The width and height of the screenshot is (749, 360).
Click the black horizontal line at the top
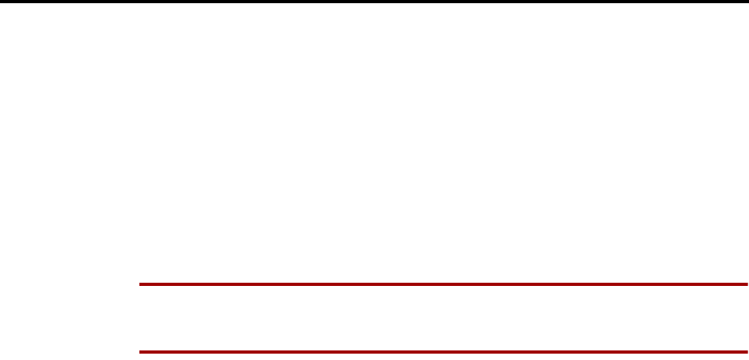tap(374, 2)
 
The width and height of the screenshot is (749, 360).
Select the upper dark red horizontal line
tap(443, 284)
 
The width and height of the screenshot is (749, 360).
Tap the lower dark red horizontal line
tap(443, 351)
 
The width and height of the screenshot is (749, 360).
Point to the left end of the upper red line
tap(140, 284)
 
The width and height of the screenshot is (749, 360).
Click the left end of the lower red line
tap(140, 351)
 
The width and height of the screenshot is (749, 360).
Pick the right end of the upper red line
tap(747, 284)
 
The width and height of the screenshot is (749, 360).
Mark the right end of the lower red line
tap(747, 351)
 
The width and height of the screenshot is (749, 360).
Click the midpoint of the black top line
tap(374, 2)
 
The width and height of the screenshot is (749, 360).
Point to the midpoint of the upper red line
tap(443, 284)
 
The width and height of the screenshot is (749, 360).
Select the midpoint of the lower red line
tap(443, 351)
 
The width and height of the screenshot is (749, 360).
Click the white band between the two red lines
tap(443, 317)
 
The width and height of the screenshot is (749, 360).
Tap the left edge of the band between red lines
tap(142, 317)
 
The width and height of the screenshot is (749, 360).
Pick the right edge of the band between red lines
tap(745, 317)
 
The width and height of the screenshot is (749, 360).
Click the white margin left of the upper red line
tap(69, 284)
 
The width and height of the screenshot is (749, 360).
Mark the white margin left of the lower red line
tap(69, 351)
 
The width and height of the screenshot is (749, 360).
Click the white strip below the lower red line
tap(443, 357)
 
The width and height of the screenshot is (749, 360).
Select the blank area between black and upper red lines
tap(374, 143)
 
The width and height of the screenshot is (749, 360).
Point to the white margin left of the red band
tap(69, 317)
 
